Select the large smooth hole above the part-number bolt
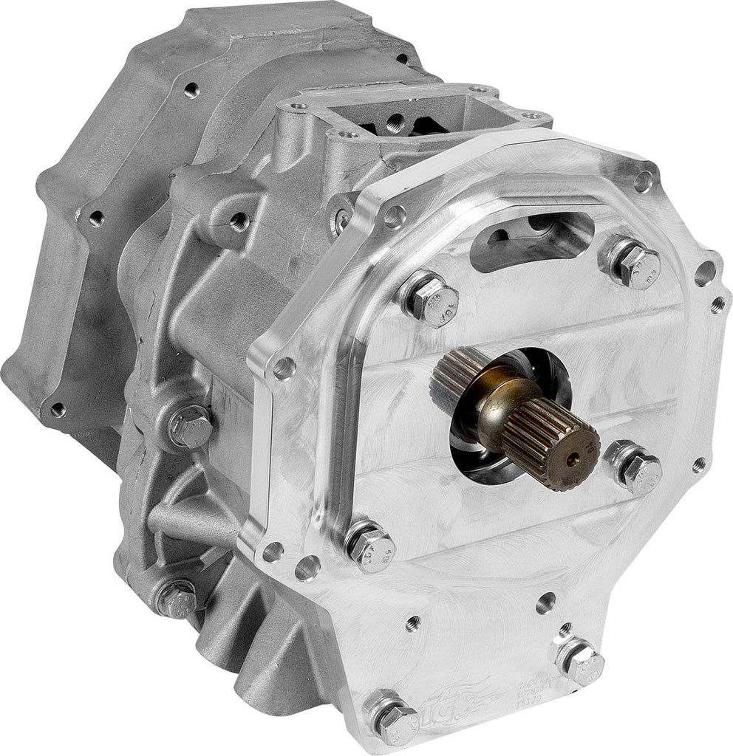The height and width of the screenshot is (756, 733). [x=545, y=602]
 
